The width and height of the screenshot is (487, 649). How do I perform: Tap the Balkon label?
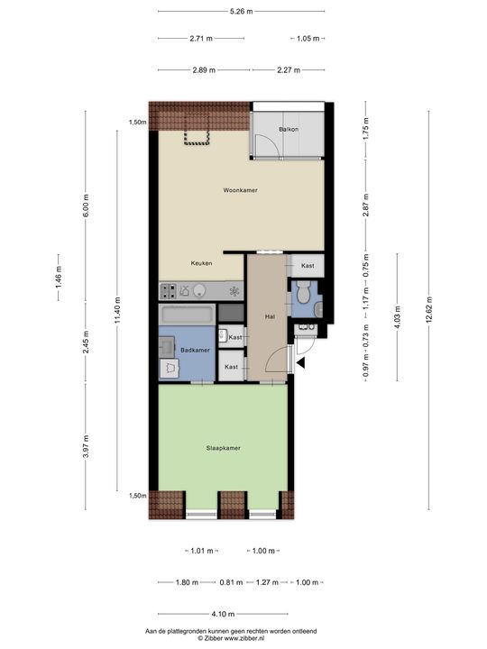(289, 130)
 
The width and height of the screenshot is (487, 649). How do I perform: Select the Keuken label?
(201, 263)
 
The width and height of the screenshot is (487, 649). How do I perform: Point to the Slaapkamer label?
(223, 447)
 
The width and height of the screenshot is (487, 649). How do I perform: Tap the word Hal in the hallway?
(269, 317)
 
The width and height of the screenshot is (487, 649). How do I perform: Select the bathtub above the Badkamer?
(187, 315)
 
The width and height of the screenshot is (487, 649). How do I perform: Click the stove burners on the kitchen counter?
(169, 290)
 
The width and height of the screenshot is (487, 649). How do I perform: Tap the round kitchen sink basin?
(200, 290)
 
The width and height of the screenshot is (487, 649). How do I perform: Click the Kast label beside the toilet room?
(308, 266)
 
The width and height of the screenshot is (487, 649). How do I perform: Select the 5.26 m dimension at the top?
(241, 11)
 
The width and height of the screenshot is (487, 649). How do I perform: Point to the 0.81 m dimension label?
(230, 582)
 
